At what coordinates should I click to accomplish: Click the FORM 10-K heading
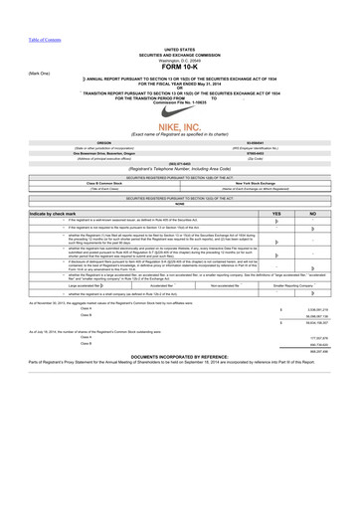click(x=180, y=68)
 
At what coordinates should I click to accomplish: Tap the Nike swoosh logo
click(x=180, y=119)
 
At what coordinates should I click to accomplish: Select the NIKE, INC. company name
click(x=180, y=139)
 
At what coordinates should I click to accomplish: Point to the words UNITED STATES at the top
click(x=180, y=48)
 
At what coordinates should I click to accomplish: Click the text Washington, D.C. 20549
click(x=180, y=60)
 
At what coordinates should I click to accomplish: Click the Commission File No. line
click(x=180, y=102)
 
